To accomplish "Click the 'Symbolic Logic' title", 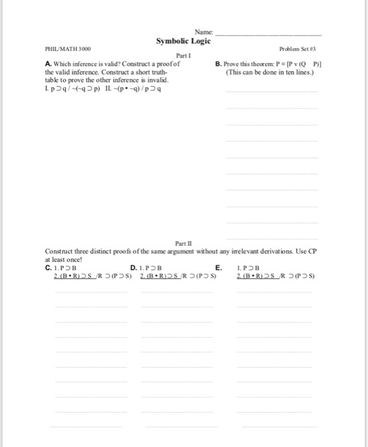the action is [183, 41].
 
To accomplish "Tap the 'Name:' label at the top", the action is [207, 31].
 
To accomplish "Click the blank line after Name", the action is [270, 33].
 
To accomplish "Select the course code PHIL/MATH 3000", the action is [68, 49].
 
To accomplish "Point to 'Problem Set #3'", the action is [297, 49].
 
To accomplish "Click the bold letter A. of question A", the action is [49, 64].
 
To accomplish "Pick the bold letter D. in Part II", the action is [133, 268].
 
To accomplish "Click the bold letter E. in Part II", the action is [219, 268].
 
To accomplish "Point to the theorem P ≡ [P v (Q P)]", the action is [293, 64].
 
